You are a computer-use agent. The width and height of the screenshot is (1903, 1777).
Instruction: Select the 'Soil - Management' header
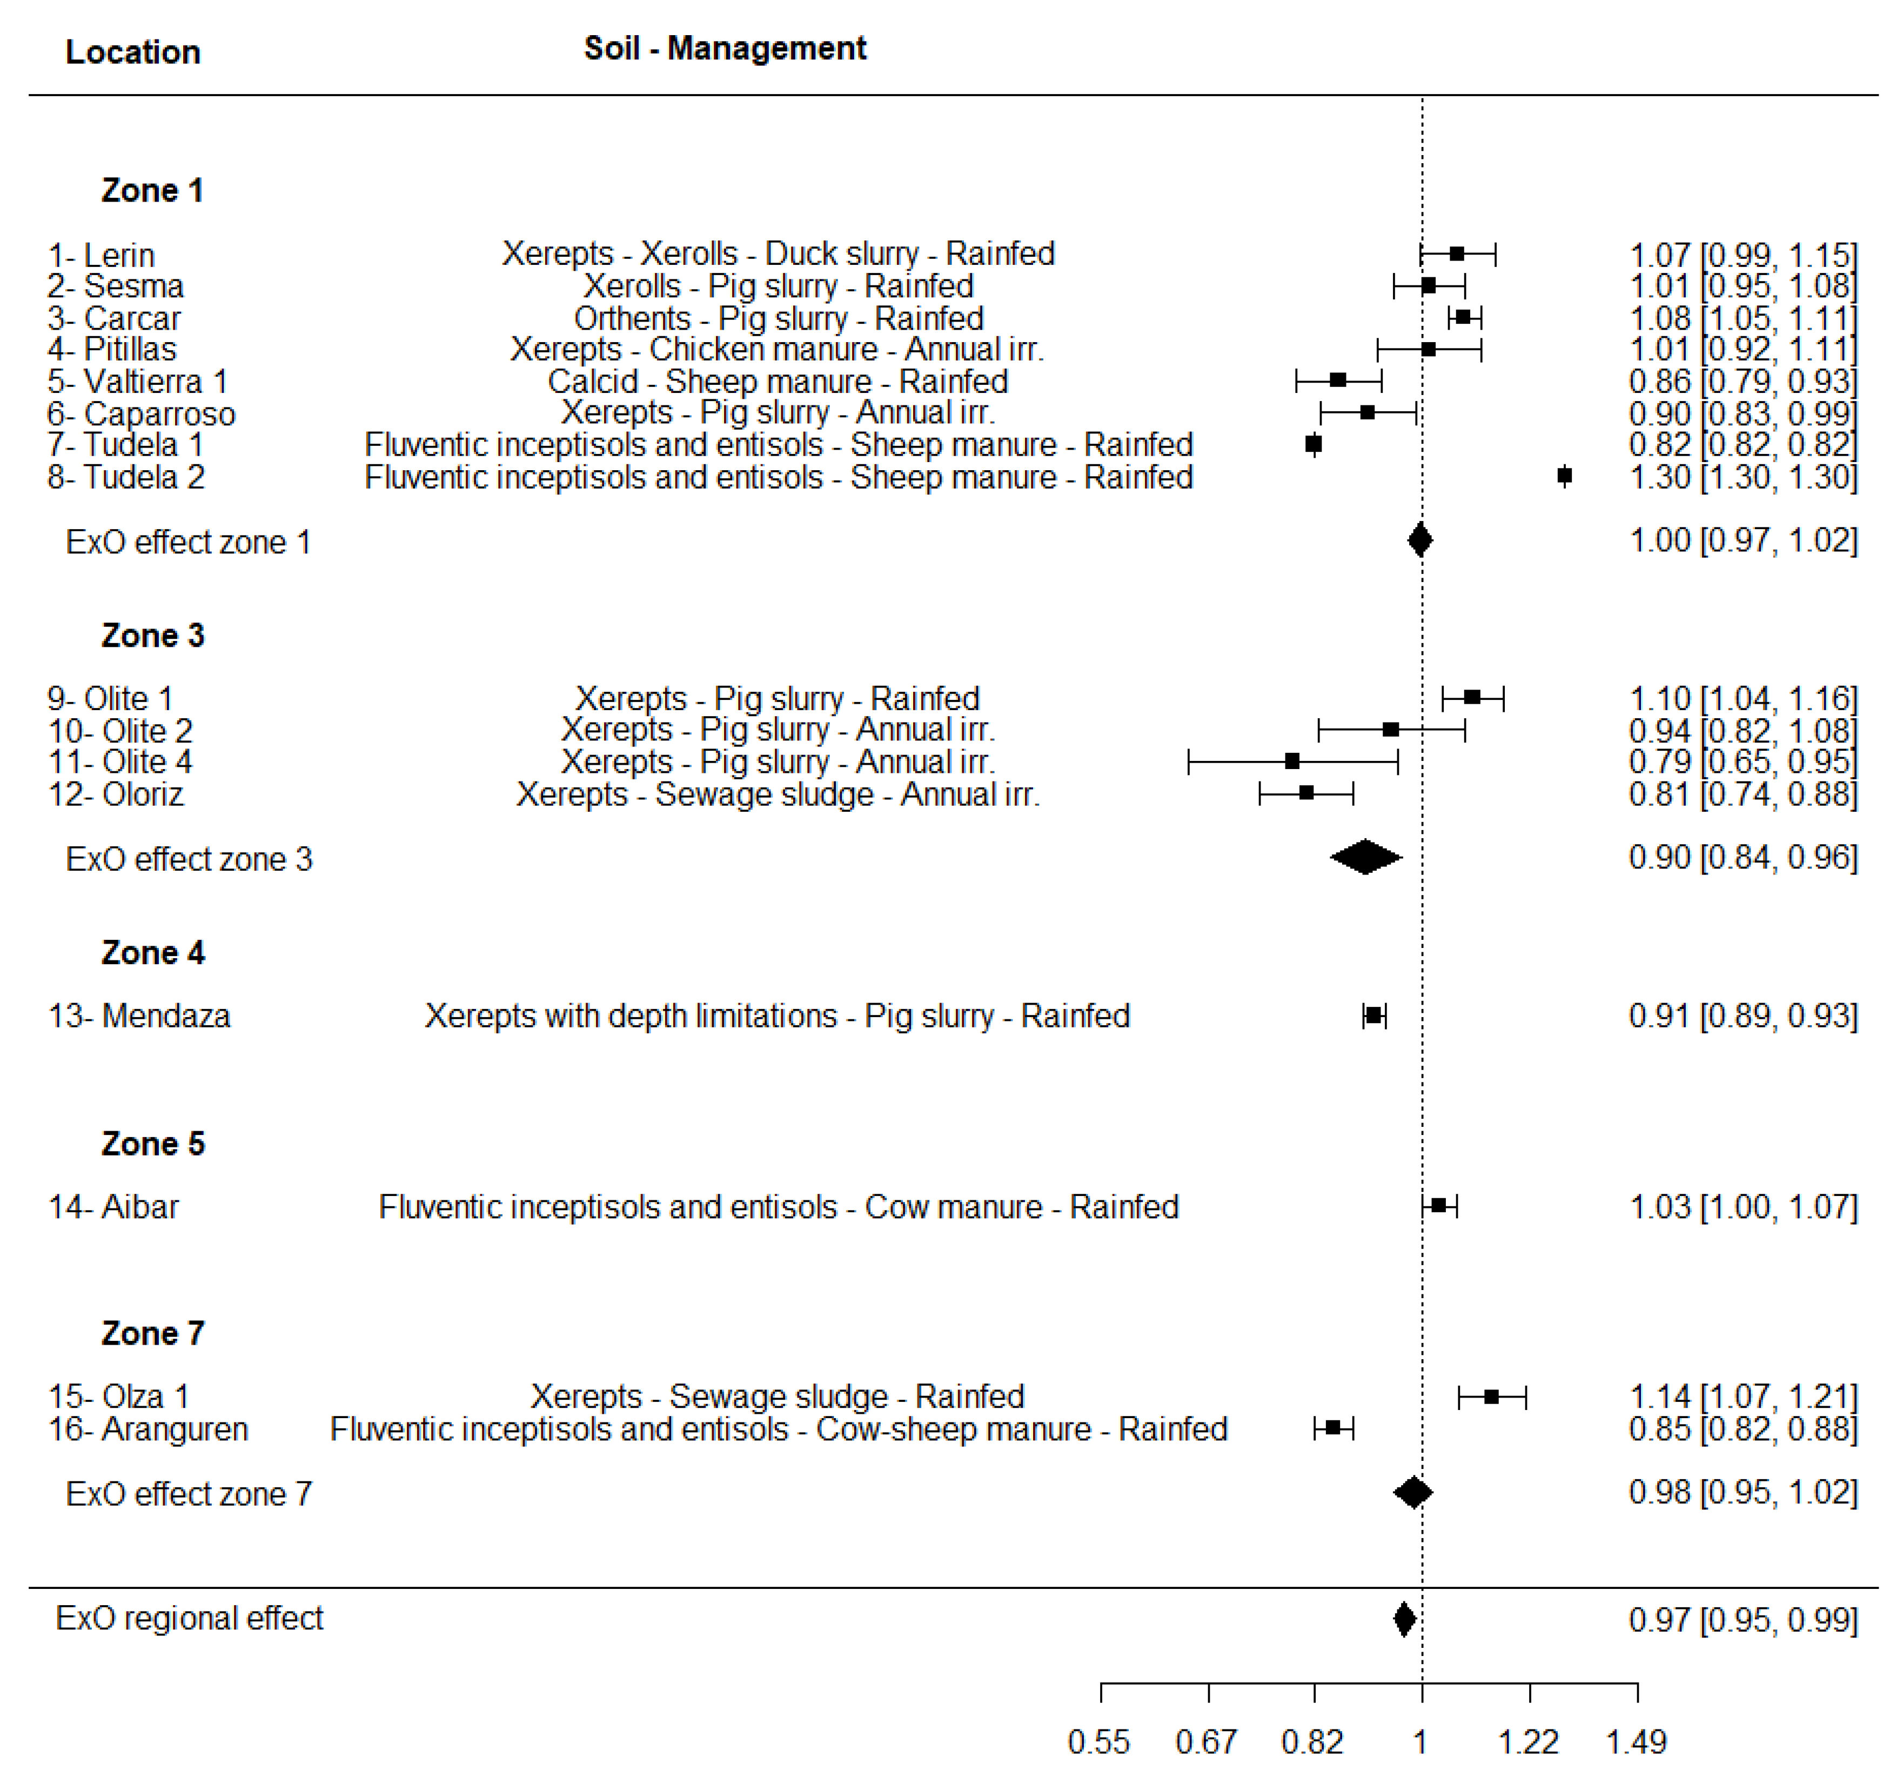tap(725, 48)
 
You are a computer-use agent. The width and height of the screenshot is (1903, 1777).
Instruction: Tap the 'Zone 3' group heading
tap(152, 636)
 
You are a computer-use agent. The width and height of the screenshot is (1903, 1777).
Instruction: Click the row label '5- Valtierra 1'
tap(138, 381)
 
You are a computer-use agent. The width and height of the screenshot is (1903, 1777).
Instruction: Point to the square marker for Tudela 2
tap(1564, 476)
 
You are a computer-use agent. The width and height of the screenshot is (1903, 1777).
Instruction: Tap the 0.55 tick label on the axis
tap(1099, 1741)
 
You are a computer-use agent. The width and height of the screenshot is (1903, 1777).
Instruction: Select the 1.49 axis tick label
tap(1636, 1741)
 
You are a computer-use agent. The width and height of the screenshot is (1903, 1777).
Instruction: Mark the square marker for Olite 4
tap(1292, 761)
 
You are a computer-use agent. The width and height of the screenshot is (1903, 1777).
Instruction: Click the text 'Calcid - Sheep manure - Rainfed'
tap(778, 381)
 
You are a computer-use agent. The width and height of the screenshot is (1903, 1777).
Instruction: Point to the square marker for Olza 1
tap(1491, 1397)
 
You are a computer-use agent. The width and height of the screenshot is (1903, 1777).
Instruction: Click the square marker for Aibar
tap(1439, 1205)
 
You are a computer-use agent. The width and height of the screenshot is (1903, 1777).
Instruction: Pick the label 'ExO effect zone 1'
tap(189, 542)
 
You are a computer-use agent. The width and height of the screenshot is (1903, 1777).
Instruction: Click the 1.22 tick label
tap(1528, 1741)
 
